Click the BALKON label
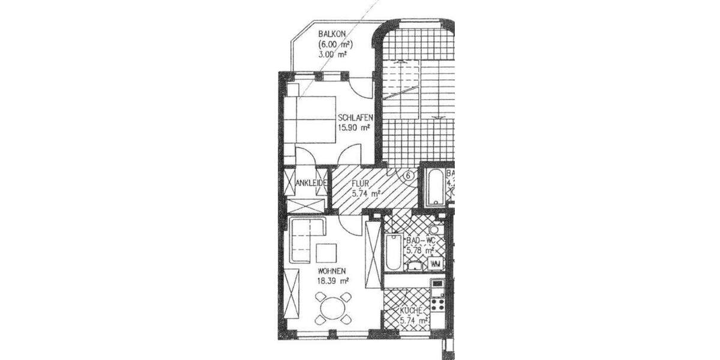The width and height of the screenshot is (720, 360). coord(332,35)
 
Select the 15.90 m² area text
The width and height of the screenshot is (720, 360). coord(354,127)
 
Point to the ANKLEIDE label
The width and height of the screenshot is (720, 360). coord(310,182)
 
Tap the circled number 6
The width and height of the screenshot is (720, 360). coord(408,176)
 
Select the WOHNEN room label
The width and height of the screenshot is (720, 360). coord(331,271)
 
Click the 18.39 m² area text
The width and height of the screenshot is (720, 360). coord(332,280)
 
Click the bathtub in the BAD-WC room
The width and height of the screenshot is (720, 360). coord(392,252)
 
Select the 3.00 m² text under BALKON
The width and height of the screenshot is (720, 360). coord(333,54)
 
